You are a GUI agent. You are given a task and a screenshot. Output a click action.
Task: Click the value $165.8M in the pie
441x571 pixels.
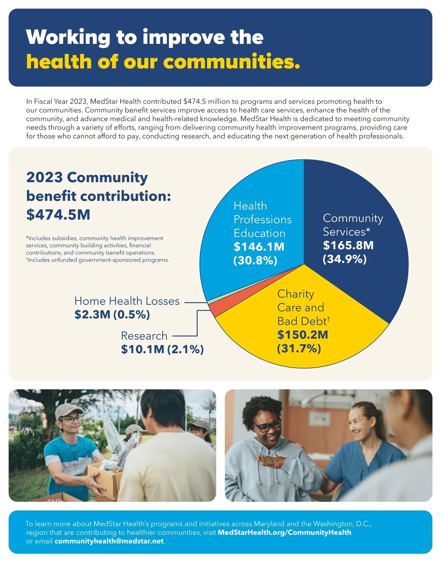(348, 245)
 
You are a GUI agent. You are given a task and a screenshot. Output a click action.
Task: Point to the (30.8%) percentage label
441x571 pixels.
(255, 260)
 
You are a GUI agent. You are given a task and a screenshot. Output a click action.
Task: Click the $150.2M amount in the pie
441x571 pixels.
(302, 335)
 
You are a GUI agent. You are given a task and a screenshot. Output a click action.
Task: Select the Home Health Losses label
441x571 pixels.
(127, 301)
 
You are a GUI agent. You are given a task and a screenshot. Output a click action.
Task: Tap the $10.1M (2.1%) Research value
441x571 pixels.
(162, 349)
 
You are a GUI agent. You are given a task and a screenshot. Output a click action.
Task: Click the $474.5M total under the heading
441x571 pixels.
(58, 215)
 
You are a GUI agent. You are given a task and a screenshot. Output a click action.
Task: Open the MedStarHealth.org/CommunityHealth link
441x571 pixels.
(284, 532)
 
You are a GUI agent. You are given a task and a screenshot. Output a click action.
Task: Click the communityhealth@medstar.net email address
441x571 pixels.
(109, 541)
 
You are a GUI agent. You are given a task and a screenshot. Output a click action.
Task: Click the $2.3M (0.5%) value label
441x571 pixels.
(112, 314)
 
